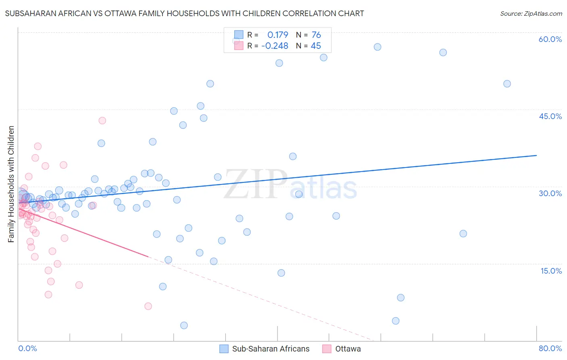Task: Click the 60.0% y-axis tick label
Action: pyautogui.click(x=550, y=39)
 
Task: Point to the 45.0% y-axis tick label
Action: pyautogui.click(x=550, y=116)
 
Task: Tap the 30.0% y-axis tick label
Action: pyautogui.click(x=550, y=193)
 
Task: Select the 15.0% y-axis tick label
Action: pyautogui.click(x=551, y=271)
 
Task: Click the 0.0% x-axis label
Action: pyautogui.click(x=27, y=348)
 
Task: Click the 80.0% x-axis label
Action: pyautogui.click(x=550, y=348)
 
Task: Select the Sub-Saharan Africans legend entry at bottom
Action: pyautogui.click(x=265, y=349)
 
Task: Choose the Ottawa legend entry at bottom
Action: pyautogui.click(x=342, y=349)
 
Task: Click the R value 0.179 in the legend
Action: pyautogui.click(x=278, y=35)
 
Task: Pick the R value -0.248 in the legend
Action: pyautogui.click(x=275, y=46)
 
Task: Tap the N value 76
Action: pyautogui.click(x=316, y=35)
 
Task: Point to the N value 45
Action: pyautogui.click(x=316, y=46)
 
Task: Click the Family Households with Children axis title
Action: pyautogui.click(x=11, y=184)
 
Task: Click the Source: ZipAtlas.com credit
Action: pyautogui.click(x=531, y=14)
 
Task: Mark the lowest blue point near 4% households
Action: pyautogui.click(x=396, y=321)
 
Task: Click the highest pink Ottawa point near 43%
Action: pyautogui.click(x=102, y=121)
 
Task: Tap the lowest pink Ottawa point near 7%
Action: pyautogui.click(x=148, y=306)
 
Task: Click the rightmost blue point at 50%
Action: pyautogui.click(x=507, y=84)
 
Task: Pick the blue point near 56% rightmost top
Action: pyautogui.click(x=443, y=52)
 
